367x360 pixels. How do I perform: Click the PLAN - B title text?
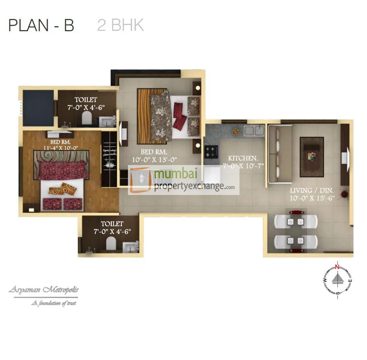click(41, 25)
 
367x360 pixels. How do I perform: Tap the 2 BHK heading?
click(120, 25)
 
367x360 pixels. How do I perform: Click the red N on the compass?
click(337, 267)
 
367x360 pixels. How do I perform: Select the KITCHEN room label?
click(243, 158)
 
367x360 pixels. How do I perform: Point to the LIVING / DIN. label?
click(312, 190)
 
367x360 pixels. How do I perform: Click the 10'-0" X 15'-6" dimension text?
click(312, 198)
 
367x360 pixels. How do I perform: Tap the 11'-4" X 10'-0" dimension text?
click(61, 148)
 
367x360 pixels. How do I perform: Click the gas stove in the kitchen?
click(211, 151)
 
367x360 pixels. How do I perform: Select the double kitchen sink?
click(254, 130)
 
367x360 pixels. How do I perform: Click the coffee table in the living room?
click(312, 157)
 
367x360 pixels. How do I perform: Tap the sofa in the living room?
click(280, 154)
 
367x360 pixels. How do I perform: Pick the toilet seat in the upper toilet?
click(87, 118)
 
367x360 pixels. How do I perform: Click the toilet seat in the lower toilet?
click(111, 243)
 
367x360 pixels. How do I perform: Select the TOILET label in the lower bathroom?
click(112, 224)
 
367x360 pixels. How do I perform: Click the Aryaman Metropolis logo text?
click(43, 290)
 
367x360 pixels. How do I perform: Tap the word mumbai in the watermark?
click(176, 174)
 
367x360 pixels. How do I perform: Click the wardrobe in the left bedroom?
click(109, 159)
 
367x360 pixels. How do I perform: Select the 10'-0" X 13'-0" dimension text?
click(155, 160)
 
